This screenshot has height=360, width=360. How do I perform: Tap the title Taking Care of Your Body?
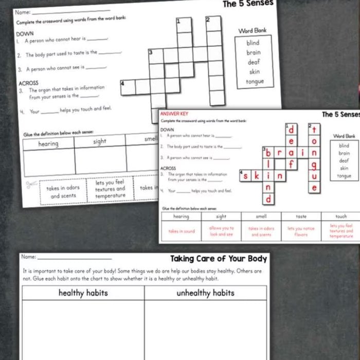pyautogui.click(x=218, y=259)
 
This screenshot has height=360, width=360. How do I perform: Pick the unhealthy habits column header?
pyautogui.click(x=205, y=293)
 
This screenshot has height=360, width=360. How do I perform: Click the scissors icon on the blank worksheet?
pyautogui.click(x=31, y=184)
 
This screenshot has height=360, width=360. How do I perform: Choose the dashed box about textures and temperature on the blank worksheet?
pyautogui.click(x=110, y=188)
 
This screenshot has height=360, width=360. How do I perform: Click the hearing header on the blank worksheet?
pyautogui.click(x=48, y=144)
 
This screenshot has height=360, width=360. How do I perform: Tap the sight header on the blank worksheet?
pyautogui.click(x=100, y=141)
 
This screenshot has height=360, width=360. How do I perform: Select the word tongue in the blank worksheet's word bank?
pyautogui.click(x=255, y=82)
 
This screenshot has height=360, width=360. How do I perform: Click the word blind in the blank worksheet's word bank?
pyautogui.click(x=253, y=43)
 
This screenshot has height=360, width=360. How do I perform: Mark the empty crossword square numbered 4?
pyautogui.click(x=128, y=87)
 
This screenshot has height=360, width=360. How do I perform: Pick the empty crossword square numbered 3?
pyautogui.click(x=156, y=56)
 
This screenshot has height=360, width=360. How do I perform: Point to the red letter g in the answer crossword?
pyautogui.click(x=314, y=165)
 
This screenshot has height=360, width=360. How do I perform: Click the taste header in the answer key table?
pyautogui.click(x=301, y=217)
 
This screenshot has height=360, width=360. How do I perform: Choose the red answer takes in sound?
pyautogui.click(x=182, y=231)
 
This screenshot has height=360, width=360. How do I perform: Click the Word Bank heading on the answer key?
pyautogui.click(x=344, y=136)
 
